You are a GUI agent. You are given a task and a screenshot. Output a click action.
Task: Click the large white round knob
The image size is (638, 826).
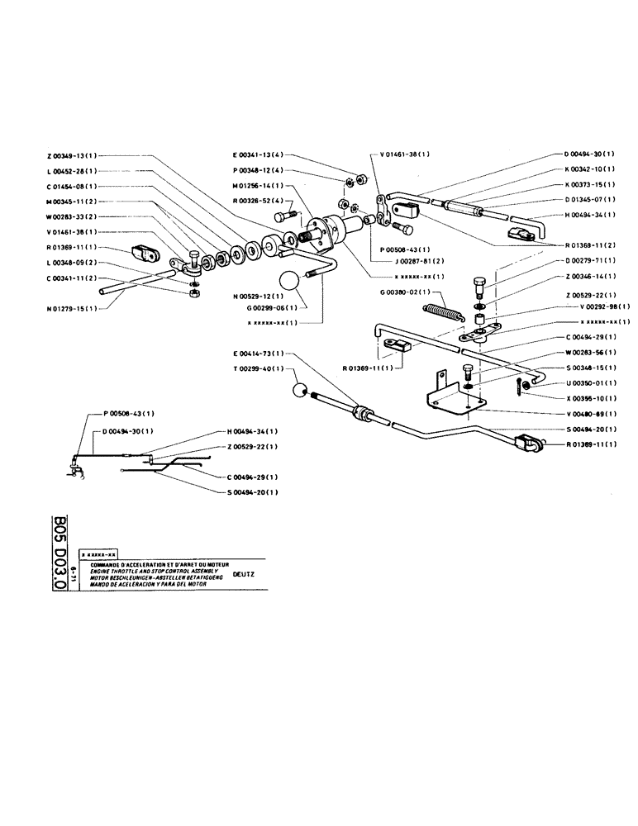click(290, 282)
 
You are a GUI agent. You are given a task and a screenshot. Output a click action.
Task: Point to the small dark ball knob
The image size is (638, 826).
click(301, 390)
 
